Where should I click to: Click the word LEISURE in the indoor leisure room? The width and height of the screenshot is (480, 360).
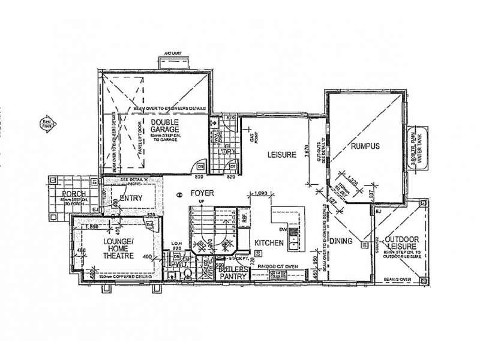pyautogui.click(x=282, y=155)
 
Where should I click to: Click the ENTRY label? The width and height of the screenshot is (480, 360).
pyautogui.click(x=131, y=199)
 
